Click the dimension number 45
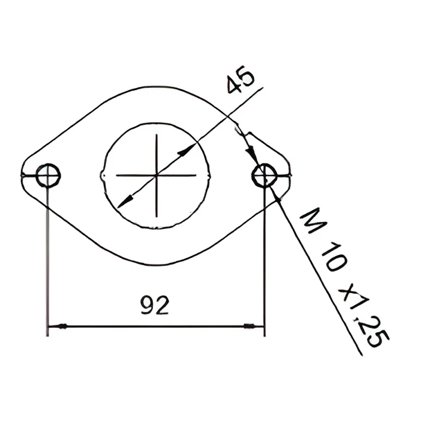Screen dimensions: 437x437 [x=241, y=79]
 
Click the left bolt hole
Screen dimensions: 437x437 [x=48, y=175]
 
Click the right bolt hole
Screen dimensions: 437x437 [x=264, y=175]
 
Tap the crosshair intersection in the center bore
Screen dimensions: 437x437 [x=157, y=175]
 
